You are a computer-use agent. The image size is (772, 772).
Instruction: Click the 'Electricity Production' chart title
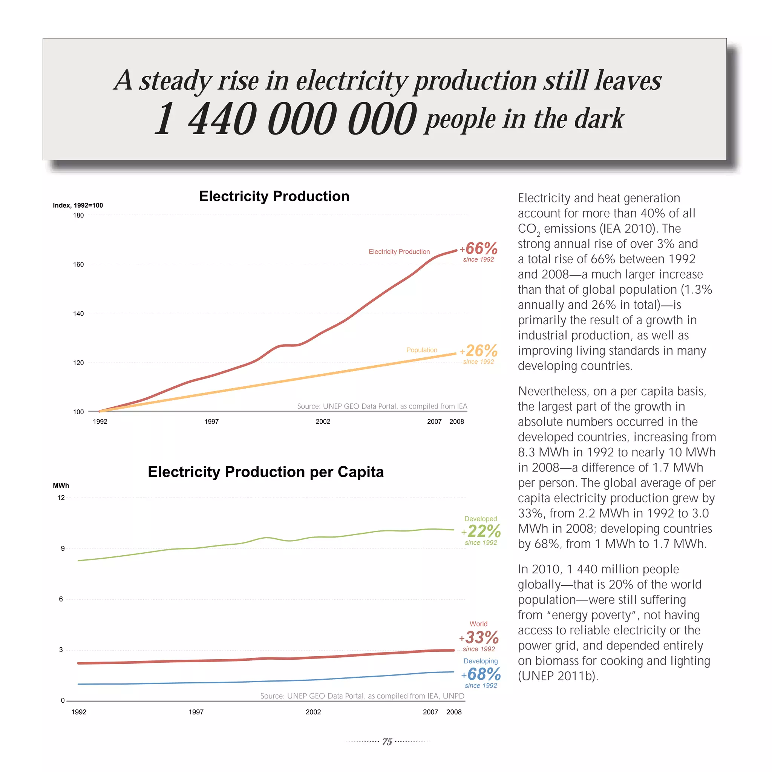[x=274, y=196]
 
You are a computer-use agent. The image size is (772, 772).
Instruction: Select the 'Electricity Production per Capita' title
[x=266, y=472]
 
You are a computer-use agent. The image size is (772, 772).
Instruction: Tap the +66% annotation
[x=479, y=248]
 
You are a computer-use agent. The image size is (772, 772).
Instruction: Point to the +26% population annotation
[x=479, y=351]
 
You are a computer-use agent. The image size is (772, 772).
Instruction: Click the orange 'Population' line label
[x=421, y=350]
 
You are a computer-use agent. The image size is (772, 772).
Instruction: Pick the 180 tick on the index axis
[x=78, y=215]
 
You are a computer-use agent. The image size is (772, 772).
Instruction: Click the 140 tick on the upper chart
[x=78, y=314]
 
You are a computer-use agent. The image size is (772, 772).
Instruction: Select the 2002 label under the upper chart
[x=323, y=421]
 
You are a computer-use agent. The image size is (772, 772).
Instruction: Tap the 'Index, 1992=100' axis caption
[x=78, y=205]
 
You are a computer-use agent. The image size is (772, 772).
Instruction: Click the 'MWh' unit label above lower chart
[x=61, y=486]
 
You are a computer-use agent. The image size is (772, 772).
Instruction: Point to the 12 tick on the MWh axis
[x=61, y=498]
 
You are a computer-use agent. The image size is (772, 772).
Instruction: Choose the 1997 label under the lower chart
[x=196, y=712]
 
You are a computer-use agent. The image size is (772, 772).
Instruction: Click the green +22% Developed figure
[x=481, y=531]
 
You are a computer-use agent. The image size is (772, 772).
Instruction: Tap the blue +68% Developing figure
[x=481, y=674]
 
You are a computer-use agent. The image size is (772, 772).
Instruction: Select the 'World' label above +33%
[x=478, y=624]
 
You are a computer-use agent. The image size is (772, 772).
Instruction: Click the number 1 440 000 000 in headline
[x=285, y=119]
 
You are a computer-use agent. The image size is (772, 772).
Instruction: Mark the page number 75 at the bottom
[x=387, y=741]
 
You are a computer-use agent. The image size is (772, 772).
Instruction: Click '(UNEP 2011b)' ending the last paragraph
[x=558, y=676]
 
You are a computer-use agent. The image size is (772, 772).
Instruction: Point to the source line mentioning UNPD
[x=362, y=696]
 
